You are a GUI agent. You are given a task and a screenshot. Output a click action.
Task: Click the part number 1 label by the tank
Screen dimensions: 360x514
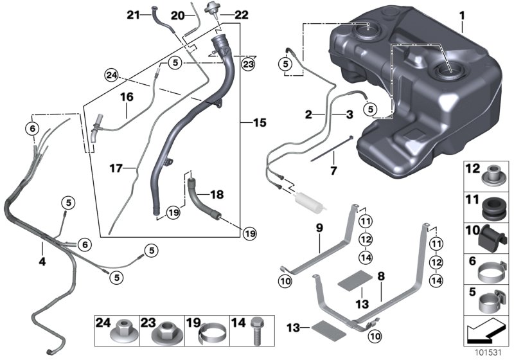(461, 14)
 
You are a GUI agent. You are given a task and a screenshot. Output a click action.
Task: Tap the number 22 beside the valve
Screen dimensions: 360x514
(223, 14)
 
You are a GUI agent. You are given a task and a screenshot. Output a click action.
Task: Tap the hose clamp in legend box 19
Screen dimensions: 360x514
(212, 334)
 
